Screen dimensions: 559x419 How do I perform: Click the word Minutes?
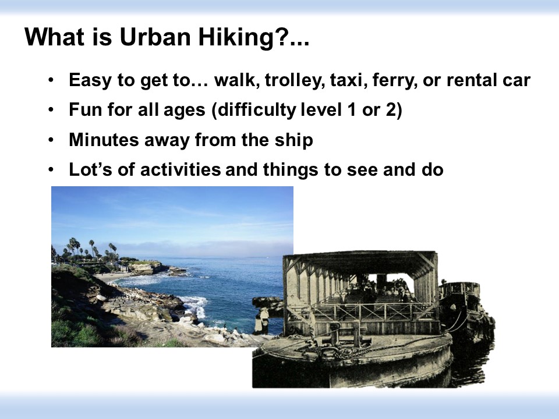[104, 139]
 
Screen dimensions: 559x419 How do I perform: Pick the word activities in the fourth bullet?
[181, 169]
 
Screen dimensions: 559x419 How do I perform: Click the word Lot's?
[91, 169]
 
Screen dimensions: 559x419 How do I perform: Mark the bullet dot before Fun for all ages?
[51, 110]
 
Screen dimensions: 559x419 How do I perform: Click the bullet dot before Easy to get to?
[51, 80]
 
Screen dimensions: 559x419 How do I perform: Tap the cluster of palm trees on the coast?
[89, 250]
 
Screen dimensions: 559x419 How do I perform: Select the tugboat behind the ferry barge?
[465, 307]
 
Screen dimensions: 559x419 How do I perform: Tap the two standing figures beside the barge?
[262, 321]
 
